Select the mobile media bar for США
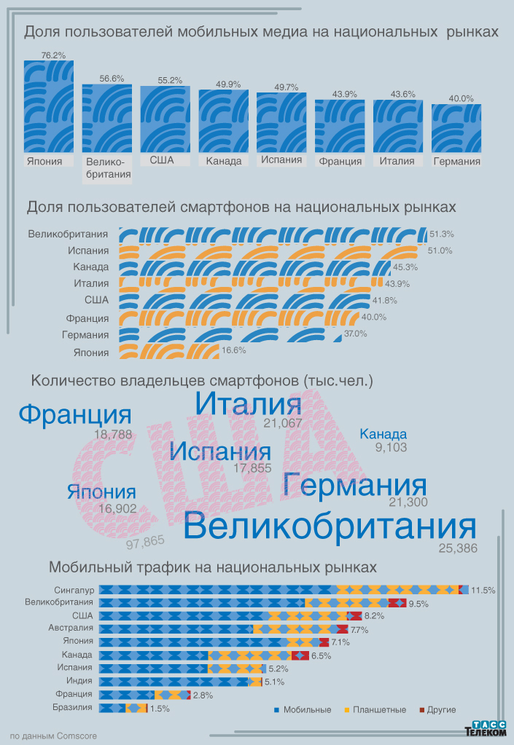(x=166, y=119)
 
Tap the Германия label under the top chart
(x=456, y=162)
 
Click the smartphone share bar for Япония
(x=168, y=352)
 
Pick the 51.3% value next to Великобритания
(x=442, y=234)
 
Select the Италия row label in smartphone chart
(x=91, y=284)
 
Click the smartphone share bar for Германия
(x=230, y=335)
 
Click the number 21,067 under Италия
(x=283, y=423)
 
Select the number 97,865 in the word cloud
(x=145, y=541)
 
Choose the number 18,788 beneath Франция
(x=113, y=434)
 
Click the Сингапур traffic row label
(x=74, y=589)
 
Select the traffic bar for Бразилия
(x=123, y=708)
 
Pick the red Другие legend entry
(x=437, y=709)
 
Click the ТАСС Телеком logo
(x=486, y=728)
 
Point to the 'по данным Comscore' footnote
(x=53, y=736)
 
